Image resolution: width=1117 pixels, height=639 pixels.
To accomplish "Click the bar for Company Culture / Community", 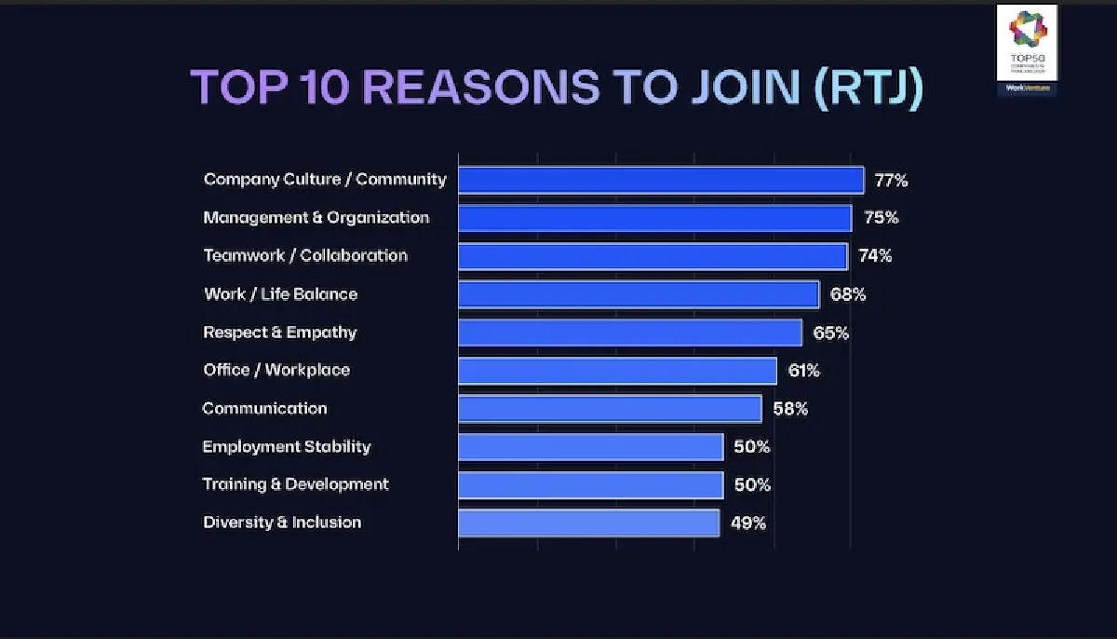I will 661,180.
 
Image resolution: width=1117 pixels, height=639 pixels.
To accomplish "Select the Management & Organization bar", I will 654,218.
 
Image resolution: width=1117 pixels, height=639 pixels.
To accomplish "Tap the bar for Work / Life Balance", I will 639,294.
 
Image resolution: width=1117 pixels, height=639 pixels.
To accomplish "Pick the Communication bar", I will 610,409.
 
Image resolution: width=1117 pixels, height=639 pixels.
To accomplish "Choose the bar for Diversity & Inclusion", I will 588,523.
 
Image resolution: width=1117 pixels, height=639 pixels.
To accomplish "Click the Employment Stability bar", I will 590,447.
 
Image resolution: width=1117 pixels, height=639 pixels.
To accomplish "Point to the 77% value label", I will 891,181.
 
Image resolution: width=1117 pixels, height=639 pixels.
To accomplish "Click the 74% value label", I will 874,256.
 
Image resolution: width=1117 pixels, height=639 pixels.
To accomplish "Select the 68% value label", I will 848,295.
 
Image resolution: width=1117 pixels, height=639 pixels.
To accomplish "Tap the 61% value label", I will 803,371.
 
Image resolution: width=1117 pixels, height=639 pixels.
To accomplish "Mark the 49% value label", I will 748,523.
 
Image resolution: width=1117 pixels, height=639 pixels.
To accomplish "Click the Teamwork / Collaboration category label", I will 305,255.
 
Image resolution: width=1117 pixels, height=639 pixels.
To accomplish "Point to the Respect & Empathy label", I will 280,333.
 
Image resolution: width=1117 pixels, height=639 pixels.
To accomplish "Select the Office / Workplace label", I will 276,370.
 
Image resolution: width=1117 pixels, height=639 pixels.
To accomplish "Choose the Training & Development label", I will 295,484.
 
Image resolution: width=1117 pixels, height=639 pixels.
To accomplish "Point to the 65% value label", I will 831,333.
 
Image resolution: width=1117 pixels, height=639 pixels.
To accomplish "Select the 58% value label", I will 790,409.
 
